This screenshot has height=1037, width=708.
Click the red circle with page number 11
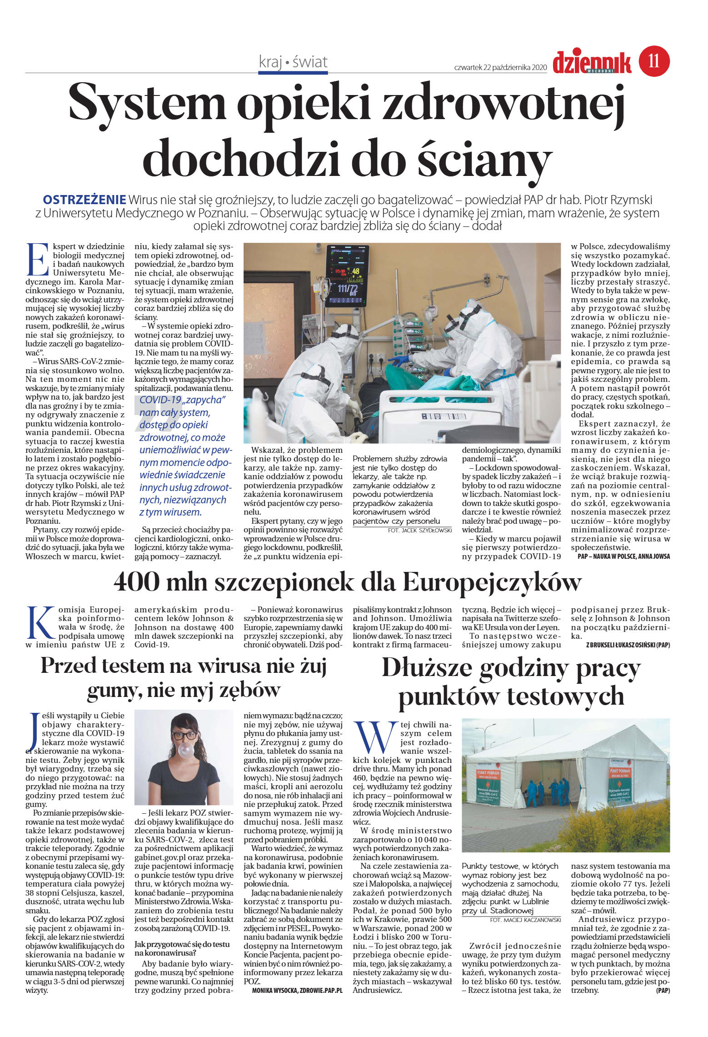point(654,61)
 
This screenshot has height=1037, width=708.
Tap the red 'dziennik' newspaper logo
point(592,62)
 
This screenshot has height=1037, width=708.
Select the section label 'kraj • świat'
point(293,62)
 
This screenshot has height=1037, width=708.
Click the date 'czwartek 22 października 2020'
point(500,67)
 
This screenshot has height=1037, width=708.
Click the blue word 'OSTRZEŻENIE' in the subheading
point(84,200)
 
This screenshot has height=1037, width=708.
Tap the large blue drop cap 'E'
point(38,260)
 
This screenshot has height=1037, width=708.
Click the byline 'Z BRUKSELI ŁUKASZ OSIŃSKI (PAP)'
point(628,645)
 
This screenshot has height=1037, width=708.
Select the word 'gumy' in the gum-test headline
point(114,691)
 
